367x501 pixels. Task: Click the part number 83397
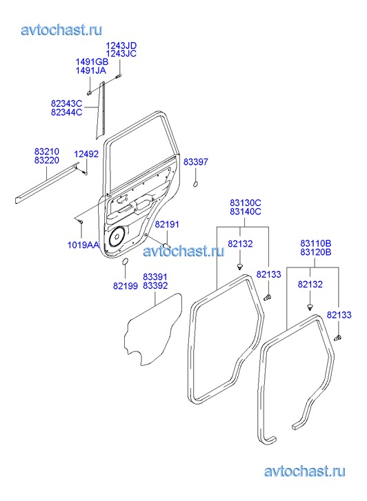click(x=195, y=162)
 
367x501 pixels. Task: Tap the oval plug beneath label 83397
click(x=195, y=185)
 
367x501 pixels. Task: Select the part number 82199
click(x=126, y=286)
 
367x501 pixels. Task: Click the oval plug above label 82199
click(x=125, y=261)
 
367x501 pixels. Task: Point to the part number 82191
click(x=167, y=224)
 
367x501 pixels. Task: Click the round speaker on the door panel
click(x=116, y=237)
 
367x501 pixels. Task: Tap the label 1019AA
click(x=83, y=245)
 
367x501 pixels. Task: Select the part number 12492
click(x=86, y=154)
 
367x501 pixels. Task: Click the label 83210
click(x=47, y=151)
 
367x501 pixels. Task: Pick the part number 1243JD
click(x=121, y=45)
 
